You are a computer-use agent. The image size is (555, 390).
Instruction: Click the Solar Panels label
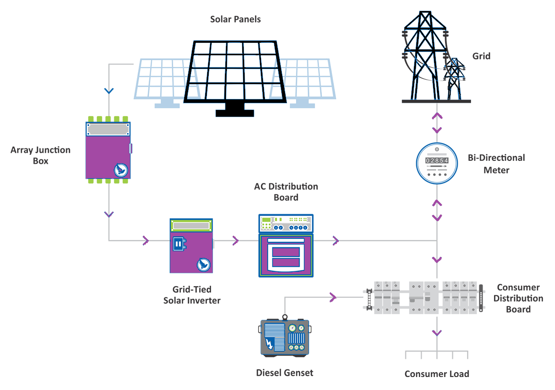click(x=236, y=20)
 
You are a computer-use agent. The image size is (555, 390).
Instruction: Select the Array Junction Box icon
click(x=108, y=150)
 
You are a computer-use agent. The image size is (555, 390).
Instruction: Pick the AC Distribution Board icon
click(x=286, y=246)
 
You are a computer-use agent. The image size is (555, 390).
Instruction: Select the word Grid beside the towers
click(x=481, y=56)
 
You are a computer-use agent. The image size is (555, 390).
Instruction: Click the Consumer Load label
click(x=437, y=374)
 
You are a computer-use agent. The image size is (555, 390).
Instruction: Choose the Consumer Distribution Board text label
click(x=518, y=298)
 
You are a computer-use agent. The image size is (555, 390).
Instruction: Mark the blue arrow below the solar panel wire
click(x=109, y=91)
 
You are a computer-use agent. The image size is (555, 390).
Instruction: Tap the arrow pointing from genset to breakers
click(x=332, y=298)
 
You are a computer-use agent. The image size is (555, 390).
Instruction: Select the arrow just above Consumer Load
click(x=437, y=332)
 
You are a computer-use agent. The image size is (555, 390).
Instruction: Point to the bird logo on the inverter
click(x=204, y=264)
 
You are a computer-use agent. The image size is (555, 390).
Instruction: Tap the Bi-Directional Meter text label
click(x=496, y=164)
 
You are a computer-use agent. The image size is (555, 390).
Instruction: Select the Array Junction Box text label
click(x=40, y=156)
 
